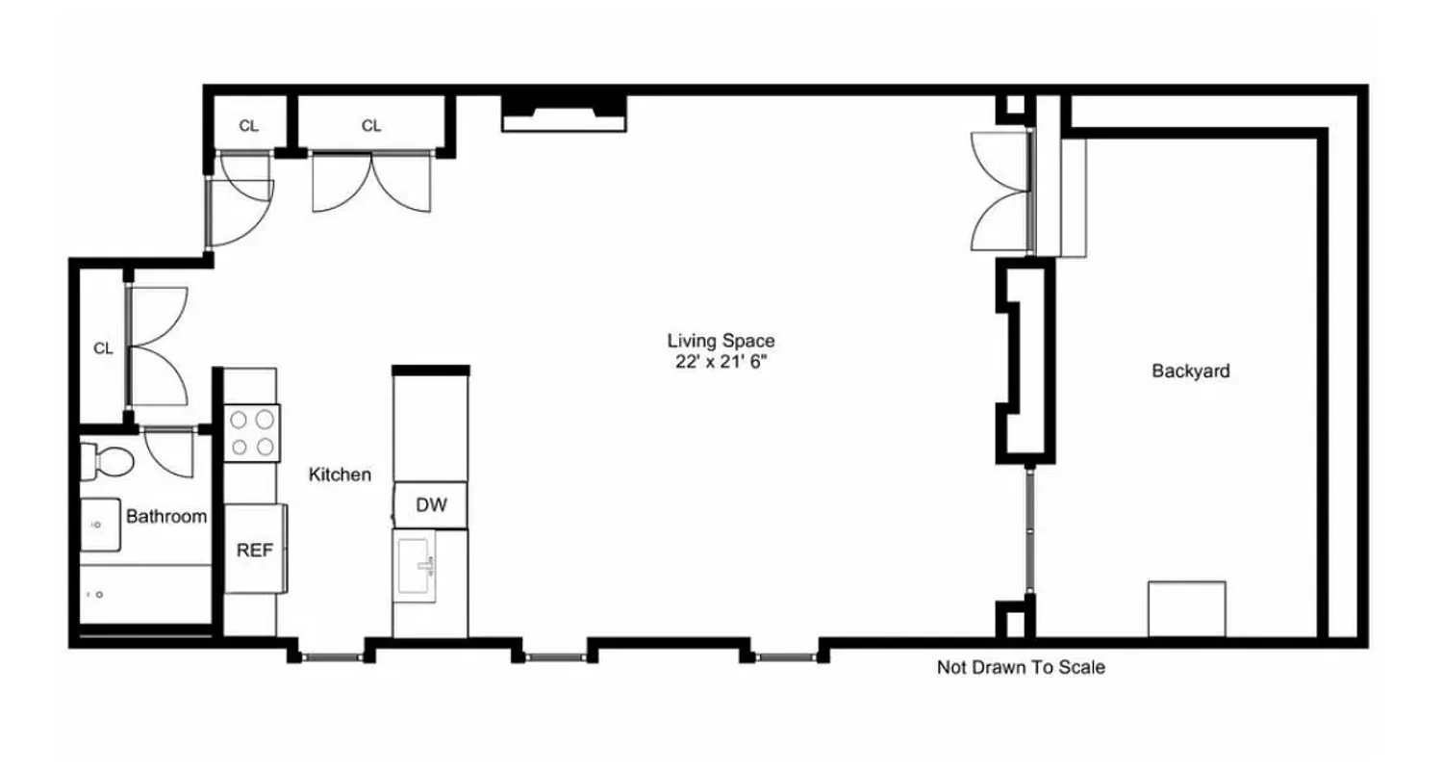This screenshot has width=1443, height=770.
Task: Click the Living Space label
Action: (721, 340)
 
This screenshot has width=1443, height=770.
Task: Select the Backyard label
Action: (1190, 371)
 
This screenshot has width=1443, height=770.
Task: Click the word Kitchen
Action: (340, 475)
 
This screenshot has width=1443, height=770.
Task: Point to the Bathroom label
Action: (166, 517)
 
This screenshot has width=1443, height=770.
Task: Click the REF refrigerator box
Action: (255, 551)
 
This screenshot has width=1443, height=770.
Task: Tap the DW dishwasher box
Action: (431, 506)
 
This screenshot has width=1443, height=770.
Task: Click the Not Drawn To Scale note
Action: (1021, 667)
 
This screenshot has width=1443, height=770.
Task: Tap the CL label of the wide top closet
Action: (371, 126)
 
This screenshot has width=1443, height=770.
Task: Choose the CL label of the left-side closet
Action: (103, 348)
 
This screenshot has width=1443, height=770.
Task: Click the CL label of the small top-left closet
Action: (248, 126)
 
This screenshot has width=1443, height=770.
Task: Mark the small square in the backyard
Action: (1187, 608)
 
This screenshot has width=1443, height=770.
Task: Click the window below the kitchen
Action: (330, 656)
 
